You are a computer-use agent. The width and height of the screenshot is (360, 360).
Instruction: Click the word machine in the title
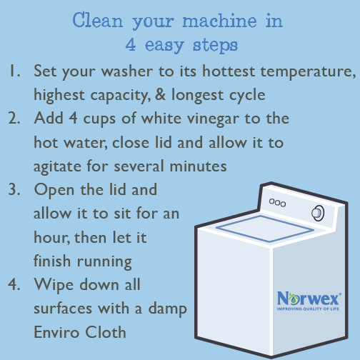coord(219,21)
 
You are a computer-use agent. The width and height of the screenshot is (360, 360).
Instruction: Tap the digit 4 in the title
coord(131,44)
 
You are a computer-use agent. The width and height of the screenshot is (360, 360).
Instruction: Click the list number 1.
coord(14,71)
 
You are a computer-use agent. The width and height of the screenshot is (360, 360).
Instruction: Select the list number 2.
coord(14,118)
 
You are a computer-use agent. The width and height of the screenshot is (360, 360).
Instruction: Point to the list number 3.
coord(14,189)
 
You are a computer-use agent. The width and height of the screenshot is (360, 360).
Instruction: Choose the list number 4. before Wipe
coord(14,284)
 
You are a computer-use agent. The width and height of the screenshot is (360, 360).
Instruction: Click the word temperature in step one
coord(308,72)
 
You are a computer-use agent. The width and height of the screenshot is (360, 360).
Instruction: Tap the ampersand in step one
coord(160,94)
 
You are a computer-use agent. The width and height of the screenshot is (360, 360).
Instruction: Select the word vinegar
coord(213,119)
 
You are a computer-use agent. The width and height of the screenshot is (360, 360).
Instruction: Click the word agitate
coord(57,166)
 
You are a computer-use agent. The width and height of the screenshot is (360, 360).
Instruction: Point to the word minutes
coord(198,166)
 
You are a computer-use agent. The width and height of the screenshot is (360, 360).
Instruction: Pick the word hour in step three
coord(52,237)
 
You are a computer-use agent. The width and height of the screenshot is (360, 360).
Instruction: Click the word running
coord(104,262)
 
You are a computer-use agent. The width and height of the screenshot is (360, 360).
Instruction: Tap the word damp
coord(168,309)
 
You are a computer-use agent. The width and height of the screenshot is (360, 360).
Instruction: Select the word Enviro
coord(56,332)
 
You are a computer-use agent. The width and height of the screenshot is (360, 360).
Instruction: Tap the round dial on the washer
coord(318,213)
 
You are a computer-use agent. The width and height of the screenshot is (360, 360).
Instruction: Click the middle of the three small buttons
coord(278,203)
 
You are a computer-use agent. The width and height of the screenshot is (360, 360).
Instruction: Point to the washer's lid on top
coord(265,229)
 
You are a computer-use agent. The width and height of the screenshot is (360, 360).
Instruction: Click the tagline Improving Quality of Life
coord(308,309)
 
